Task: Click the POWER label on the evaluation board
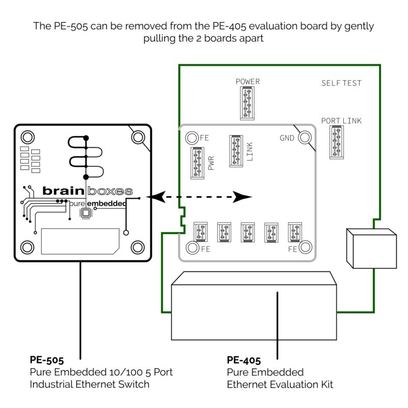(247, 82)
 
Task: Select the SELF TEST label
(341, 83)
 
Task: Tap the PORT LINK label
(341, 121)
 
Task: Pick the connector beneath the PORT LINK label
(337, 142)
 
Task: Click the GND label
(287, 138)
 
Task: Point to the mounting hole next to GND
(305, 138)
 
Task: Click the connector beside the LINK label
(236, 151)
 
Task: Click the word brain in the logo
(63, 191)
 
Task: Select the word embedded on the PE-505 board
(106, 203)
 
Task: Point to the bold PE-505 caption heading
(46, 361)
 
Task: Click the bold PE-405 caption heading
(243, 361)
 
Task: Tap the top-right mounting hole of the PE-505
(138, 137)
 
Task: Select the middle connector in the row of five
(247, 232)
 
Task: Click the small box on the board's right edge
(371, 248)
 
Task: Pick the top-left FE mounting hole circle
(191, 138)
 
